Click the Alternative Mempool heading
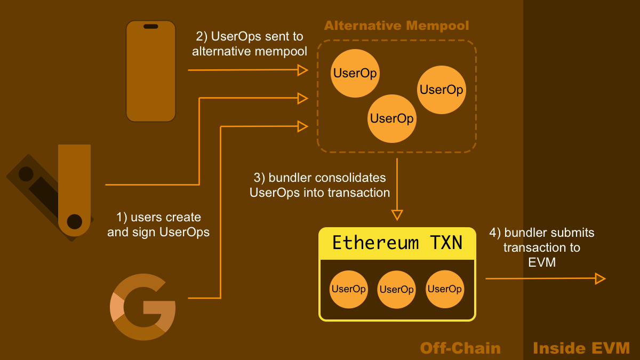point(396,26)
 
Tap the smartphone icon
point(151,71)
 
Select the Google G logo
point(143,307)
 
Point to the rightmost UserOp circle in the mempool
point(441,90)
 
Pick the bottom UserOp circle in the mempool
point(391,118)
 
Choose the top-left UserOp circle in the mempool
point(355,73)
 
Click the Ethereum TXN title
point(397,243)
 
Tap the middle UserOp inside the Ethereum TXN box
point(397,290)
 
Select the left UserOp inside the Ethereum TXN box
point(348,289)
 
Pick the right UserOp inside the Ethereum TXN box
point(445,289)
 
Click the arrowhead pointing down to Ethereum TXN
point(397,215)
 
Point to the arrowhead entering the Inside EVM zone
point(600,278)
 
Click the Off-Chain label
point(460,348)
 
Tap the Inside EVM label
point(581,348)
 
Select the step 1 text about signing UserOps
point(158,225)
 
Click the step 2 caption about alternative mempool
point(250,44)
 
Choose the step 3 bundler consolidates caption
point(320,185)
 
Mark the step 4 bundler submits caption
point(542,247)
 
